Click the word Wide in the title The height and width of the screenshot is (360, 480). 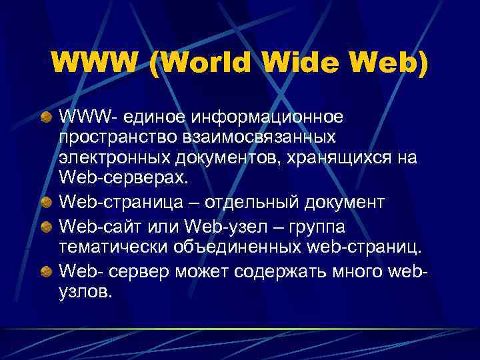302,64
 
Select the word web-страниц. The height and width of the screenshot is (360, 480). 357,249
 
